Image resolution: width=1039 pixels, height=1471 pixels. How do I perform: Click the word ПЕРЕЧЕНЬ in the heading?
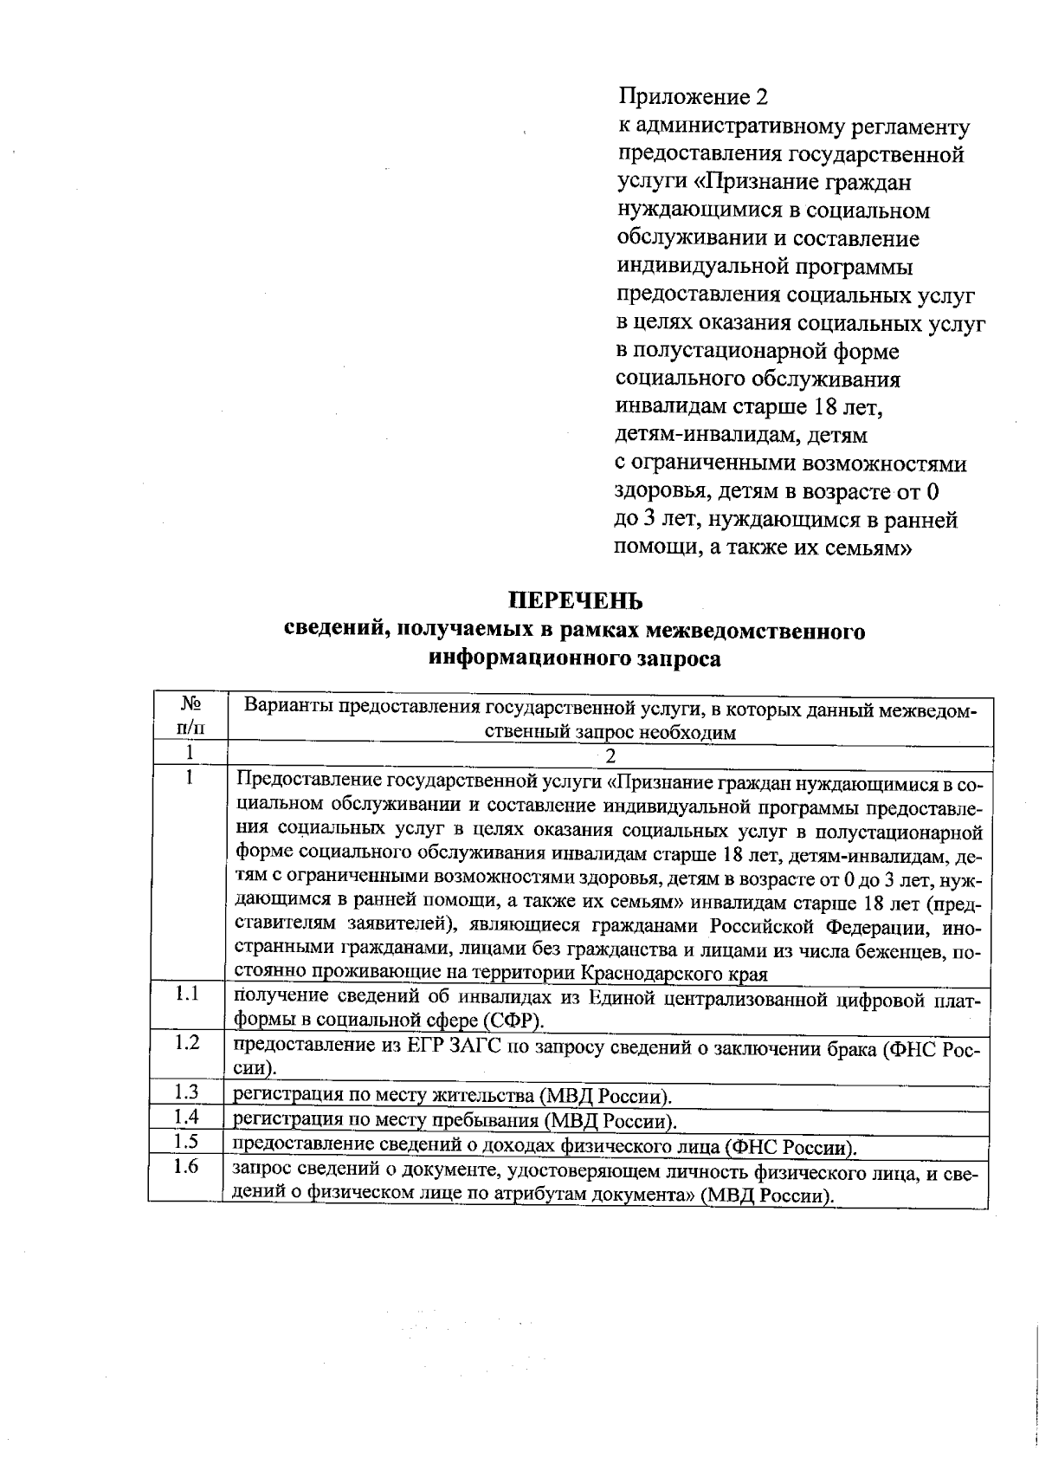(575, 600)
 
